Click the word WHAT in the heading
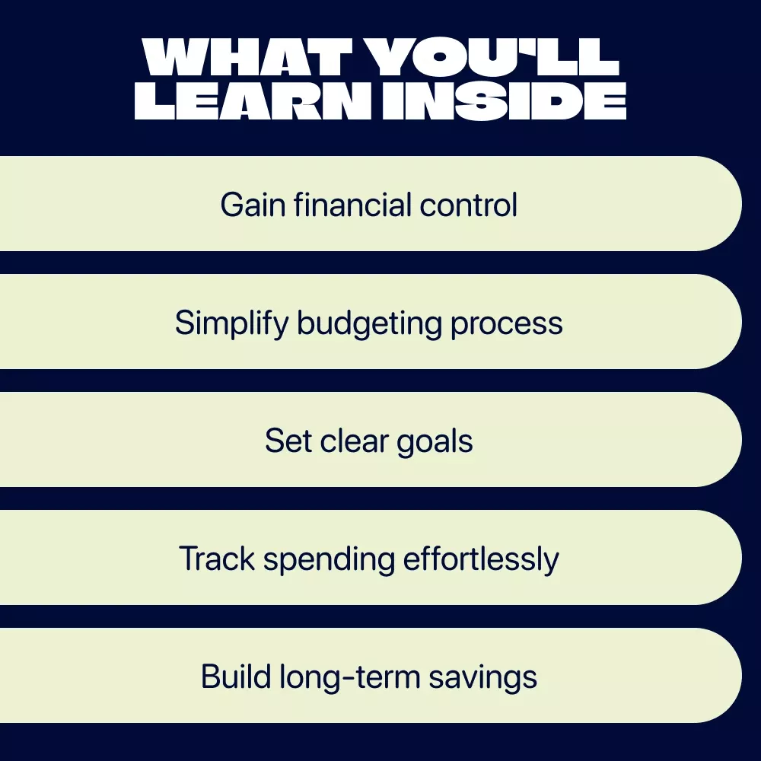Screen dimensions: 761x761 point(247,57)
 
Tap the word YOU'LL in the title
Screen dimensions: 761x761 point(492,57)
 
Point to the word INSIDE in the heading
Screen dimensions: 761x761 point(505,101)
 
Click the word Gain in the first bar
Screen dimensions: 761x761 point(253,204)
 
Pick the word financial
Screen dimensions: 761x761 point(352,204)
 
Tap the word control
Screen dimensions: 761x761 point(468,204)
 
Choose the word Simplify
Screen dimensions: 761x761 point(231,323)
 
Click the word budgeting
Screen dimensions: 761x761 point(369,323)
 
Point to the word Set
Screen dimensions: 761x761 point(288,441)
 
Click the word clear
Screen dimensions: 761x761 point(355,441)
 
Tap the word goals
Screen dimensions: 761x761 point(435,441)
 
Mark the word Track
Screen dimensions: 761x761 point(217,559)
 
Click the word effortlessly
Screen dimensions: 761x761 point(481,559)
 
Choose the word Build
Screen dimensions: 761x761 point(236,677)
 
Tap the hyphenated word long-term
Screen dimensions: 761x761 point(349,677)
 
